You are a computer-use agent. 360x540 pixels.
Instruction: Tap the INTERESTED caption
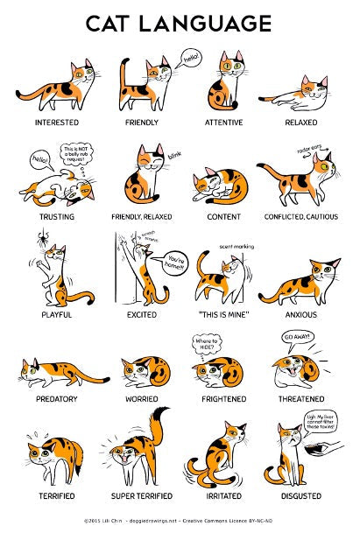56,123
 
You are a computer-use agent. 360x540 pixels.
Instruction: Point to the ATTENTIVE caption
225,123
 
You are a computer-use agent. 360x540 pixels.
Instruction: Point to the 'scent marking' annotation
236,247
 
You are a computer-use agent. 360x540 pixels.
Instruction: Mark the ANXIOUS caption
300,313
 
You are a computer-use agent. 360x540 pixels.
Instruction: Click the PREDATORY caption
56,398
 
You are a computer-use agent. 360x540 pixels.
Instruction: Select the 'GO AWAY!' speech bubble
297,337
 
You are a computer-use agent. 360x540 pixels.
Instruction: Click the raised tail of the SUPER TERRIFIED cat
159,422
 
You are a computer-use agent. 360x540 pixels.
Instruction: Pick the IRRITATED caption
225,496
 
